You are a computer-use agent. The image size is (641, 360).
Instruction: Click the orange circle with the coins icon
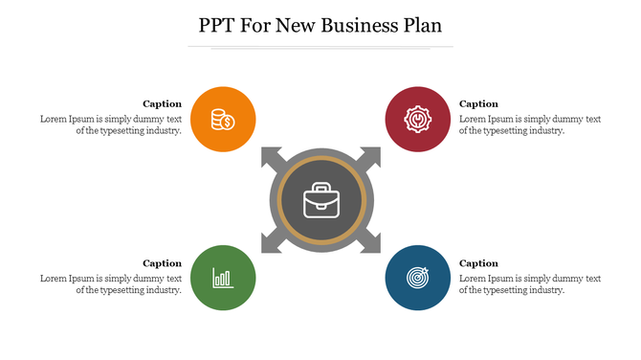tap(223, 120)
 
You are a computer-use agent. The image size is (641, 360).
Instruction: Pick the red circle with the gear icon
tap(418, 120)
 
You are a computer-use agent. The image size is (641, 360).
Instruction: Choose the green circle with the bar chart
tap(223, 278)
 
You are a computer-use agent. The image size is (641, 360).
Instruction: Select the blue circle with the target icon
tap(418, 278)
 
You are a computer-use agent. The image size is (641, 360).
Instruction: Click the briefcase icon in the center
tap(320, 201)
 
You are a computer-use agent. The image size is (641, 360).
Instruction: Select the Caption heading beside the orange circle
tap(162, 103)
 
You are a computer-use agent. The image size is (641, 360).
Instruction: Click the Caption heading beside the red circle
tap(478, 103)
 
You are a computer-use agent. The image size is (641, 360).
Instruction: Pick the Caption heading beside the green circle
tap(162, 263)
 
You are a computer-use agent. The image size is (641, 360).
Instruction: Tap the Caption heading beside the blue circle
tap(478, 263)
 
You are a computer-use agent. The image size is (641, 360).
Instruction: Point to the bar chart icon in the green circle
tap(223, 279)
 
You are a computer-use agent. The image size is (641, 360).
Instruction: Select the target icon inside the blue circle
tap(418, 278)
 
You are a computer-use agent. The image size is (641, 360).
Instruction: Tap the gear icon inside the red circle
tap(418, 120)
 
